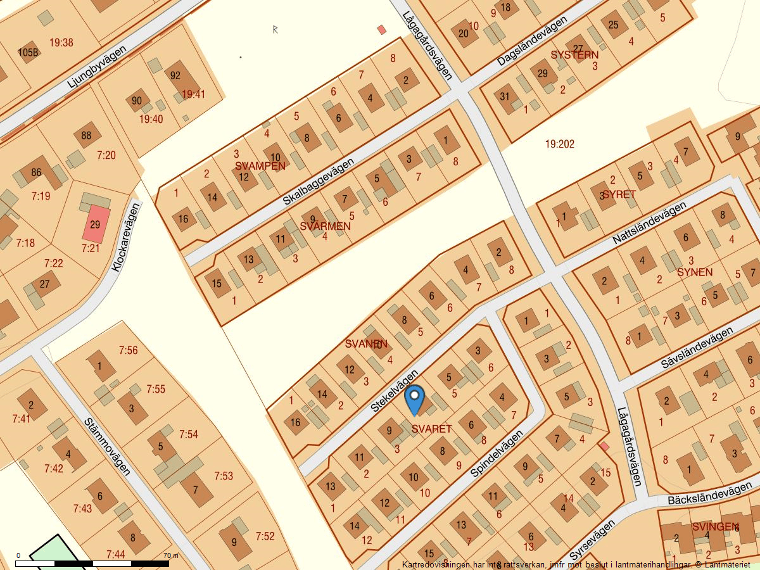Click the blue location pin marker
[x=414, y=399]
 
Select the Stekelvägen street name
[x=395, y=391]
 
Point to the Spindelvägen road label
[x=497, y=454]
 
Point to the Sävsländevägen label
[x=696, y=348]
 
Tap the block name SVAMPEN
[x=260, y=166]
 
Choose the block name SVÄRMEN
[x=325, y=226]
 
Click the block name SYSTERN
[x=574, y=55]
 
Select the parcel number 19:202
[x=559, y=144]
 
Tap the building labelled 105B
[x=28, y=52]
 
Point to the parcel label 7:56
[x=128, y=350]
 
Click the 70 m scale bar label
[x=171, y=555]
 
